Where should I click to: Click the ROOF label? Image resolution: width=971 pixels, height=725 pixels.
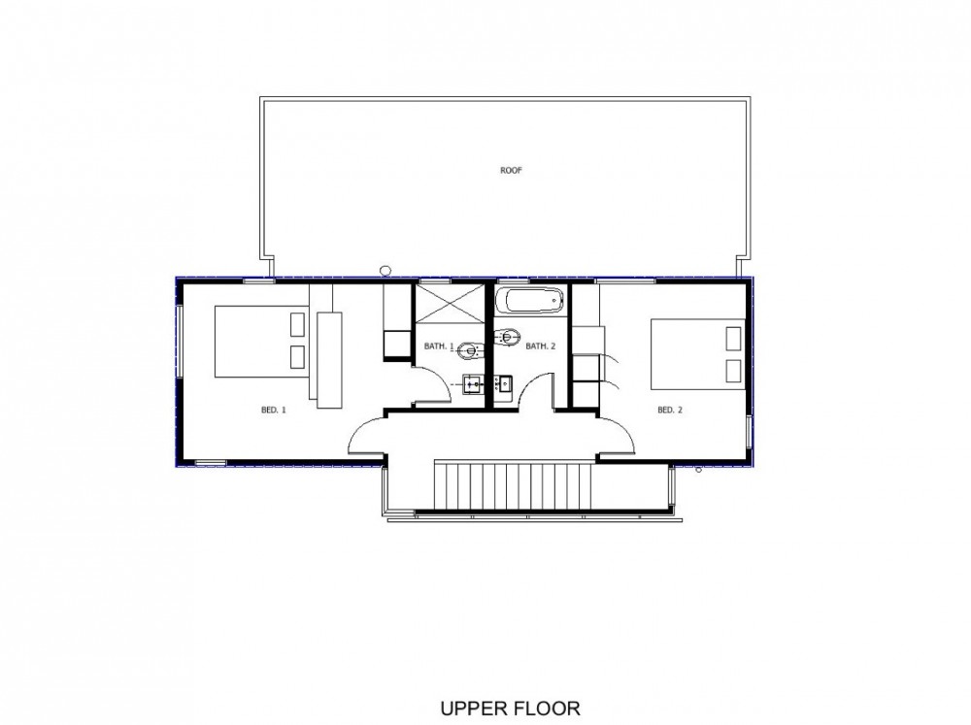pos(511,170)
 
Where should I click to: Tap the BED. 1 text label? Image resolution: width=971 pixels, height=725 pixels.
pos(274,410)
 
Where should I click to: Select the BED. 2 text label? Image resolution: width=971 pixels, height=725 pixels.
pos(669,410)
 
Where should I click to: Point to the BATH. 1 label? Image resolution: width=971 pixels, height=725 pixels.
pos(439,346)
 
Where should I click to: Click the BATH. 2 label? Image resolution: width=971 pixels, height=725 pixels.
pos(541,346)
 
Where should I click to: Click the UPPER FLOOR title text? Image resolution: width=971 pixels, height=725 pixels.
pos(511,708)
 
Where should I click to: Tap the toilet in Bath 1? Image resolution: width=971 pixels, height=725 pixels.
pos(471,351)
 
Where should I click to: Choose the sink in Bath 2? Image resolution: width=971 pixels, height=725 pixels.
pos(505,384)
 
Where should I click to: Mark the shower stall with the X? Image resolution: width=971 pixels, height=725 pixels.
pos(449,303)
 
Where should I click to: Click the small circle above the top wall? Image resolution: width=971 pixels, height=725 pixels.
pos(385,271)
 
